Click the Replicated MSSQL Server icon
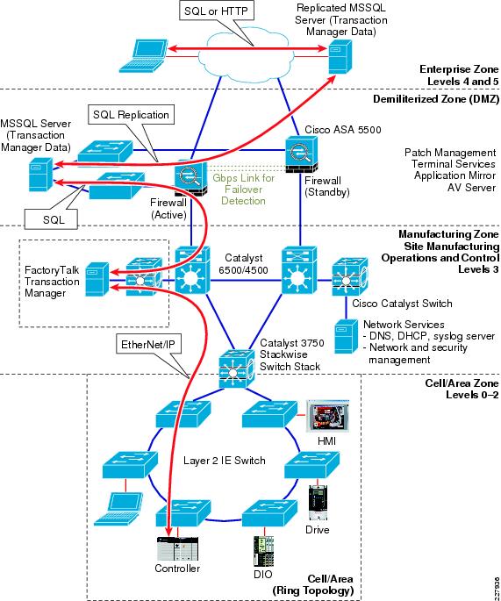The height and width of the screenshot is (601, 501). (335, 59)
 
